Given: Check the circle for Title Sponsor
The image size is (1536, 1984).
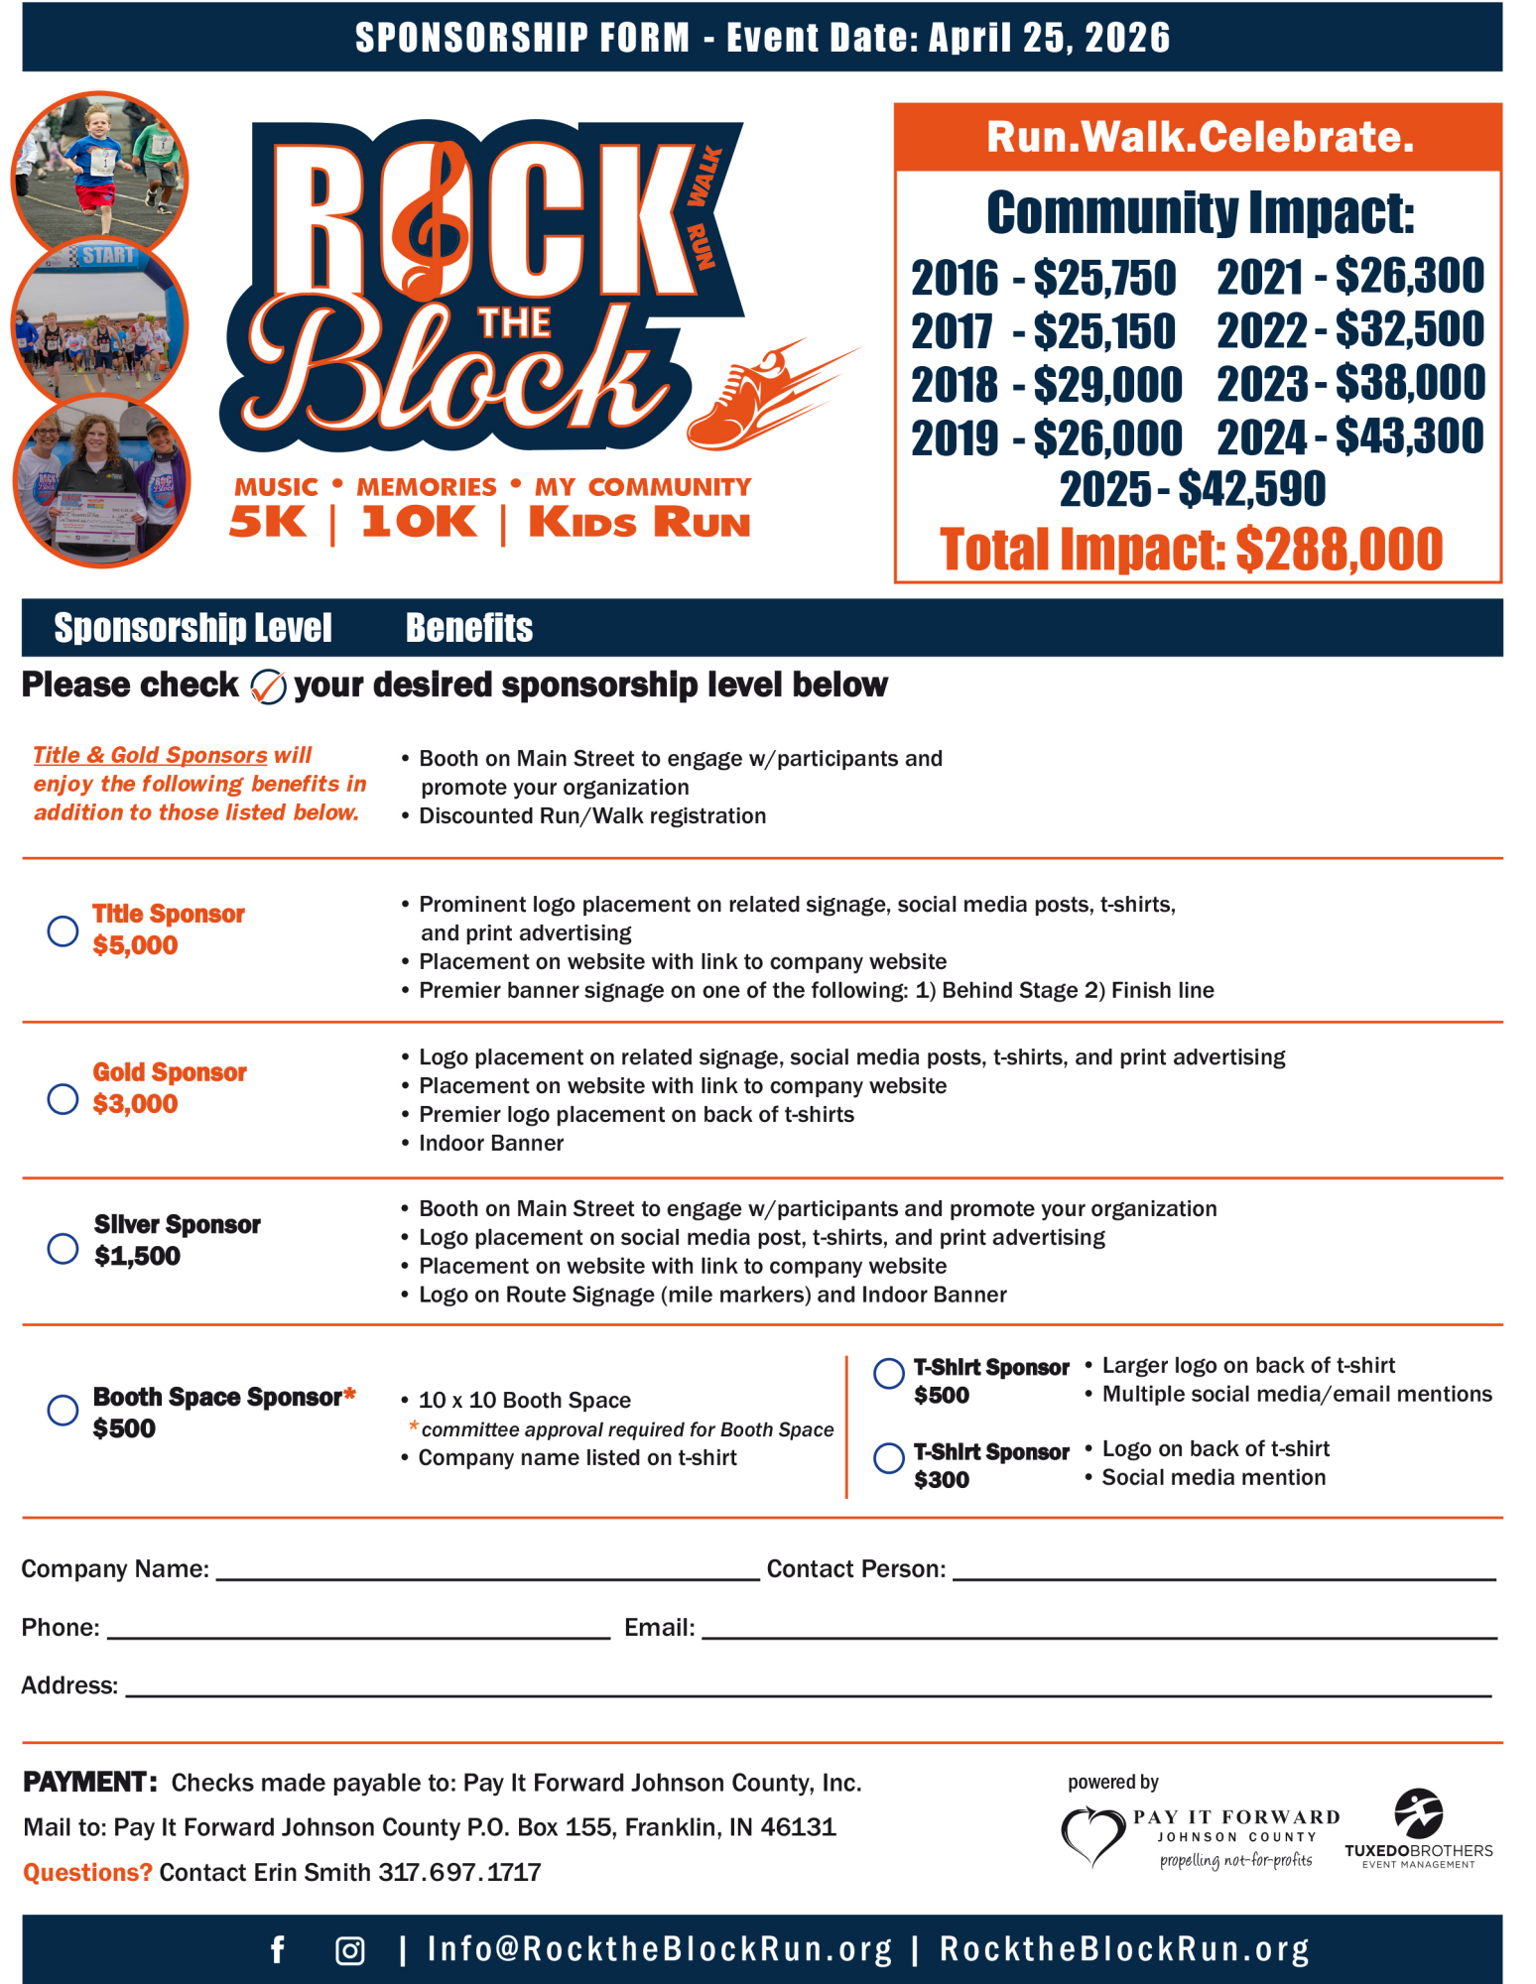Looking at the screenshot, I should (63, 930).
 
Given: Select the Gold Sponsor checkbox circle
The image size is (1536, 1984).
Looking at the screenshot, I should (63, 1099).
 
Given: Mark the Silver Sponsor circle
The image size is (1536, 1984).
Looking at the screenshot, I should (63, 1248).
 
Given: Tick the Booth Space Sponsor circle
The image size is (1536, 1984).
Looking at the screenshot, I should (63, 1410).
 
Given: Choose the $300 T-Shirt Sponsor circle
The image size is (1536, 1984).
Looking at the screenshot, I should (888, 1457).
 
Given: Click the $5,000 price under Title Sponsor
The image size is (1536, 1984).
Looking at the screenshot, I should (135, 945).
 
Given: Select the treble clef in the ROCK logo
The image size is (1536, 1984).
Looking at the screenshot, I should (433, 218).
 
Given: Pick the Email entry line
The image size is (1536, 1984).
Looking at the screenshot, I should (1096, 1630).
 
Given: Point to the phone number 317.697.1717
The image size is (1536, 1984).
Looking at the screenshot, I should (459, 1872).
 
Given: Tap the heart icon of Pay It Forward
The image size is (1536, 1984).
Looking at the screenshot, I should (1091, 1835).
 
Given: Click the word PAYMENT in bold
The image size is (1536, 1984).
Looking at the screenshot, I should (89, 1782).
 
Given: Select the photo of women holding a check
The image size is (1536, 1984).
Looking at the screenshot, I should (101, 481).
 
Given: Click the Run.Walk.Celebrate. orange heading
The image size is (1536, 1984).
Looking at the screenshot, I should (1199, 137).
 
